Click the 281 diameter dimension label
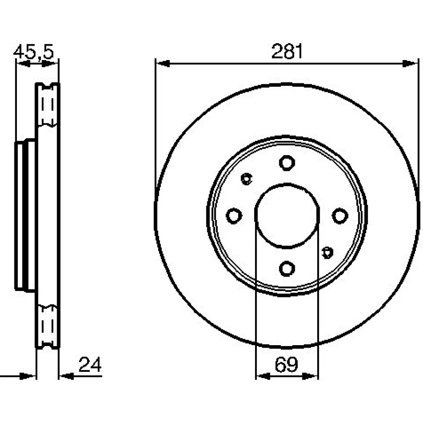(x=287, y=51)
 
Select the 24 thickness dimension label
(x=90, y=365)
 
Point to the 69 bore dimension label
(x=286, y=365)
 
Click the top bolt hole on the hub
(x=287, y=163)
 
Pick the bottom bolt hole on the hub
(x=287, y=269)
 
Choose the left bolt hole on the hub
(x=234, y=216)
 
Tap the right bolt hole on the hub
(x=340, y=216)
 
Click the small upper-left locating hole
(x=246, y=179)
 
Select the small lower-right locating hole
(x=327, y=253)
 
